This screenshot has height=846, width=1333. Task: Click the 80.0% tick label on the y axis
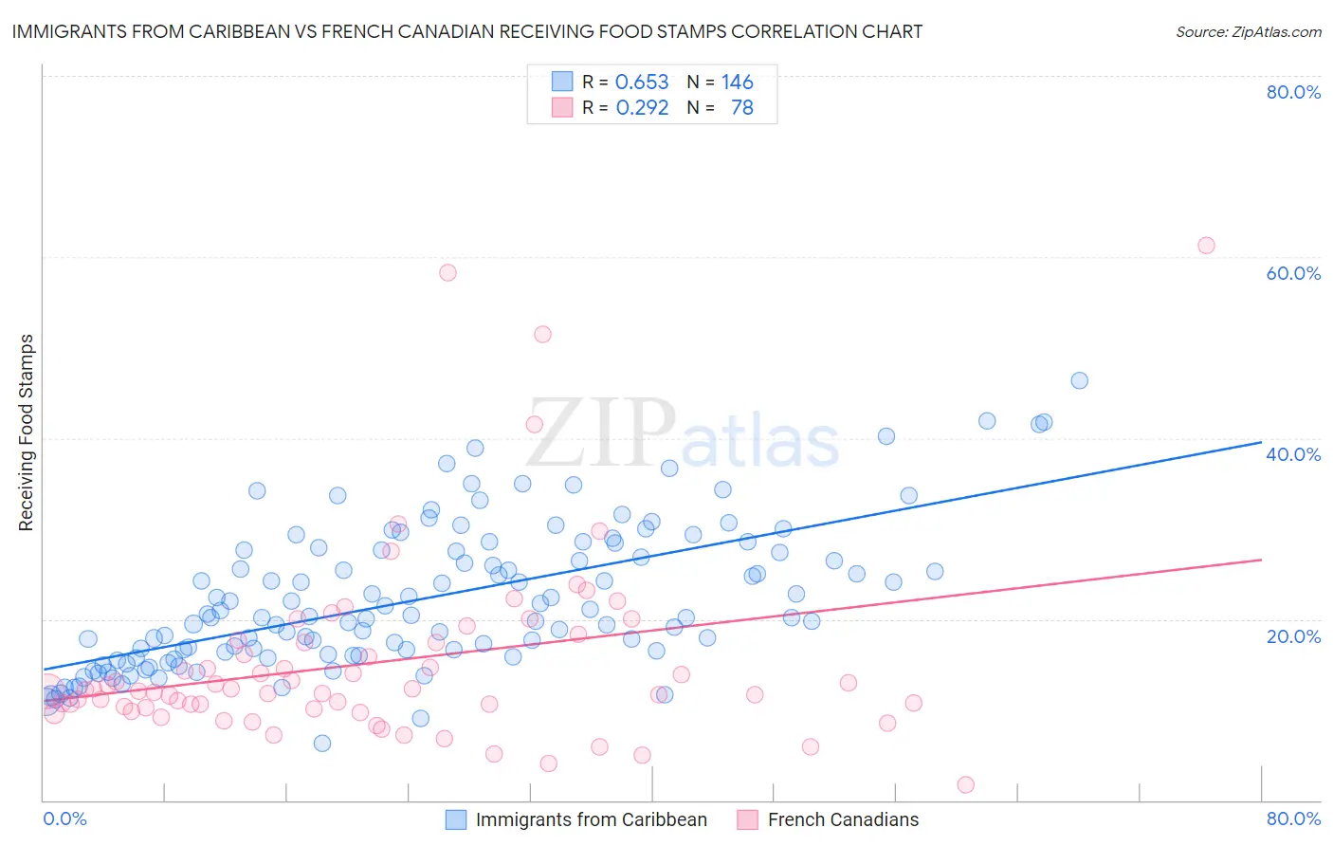pyautogui.click(x=1293, y=92)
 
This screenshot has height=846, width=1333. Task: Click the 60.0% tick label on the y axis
pyautogui.click(x=1293, y=273)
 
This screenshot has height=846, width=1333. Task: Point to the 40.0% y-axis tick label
pyautogui.click(x=1293, y=454)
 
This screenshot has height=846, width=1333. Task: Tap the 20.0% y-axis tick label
pyautogui.click(x=1293, y=636)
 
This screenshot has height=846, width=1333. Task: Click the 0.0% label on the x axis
pyautogui.click(x=65, y=818)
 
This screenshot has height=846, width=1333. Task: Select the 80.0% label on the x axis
pyautogui.click(x=1293, y=818)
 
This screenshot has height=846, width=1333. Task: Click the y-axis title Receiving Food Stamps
pyautogui.click(x=27, y=432)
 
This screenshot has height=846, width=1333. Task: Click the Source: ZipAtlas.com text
pyautogui.click(x=1248, y=32)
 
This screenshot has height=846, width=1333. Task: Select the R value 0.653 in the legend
pyautogui.click(x=642, y=83)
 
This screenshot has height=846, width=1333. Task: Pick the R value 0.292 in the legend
pyautogui.click(x=642, y=108)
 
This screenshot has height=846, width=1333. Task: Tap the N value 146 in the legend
pyautogui.click(x=737, y=83)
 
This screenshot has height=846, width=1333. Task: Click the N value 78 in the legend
pyautogui.click(x=741, y=108)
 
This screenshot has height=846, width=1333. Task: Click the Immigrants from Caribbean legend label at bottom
pyautogui.click(x=591, y=819)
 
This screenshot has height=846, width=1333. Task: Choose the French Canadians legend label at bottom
pyautogui.click(x=843, y=819)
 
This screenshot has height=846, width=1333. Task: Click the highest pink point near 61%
pyautogui.click(x=1206, y=246)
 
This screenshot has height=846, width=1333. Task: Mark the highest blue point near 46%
pyautogui.click(x=1079, y=380)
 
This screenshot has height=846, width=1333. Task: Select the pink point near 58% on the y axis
pyautogui.click(x=447, y=272)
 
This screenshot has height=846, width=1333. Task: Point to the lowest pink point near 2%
pyautogui.click(x=966, y=784)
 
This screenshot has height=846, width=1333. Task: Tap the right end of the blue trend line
pyautogui.click(x=1261, y=442)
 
